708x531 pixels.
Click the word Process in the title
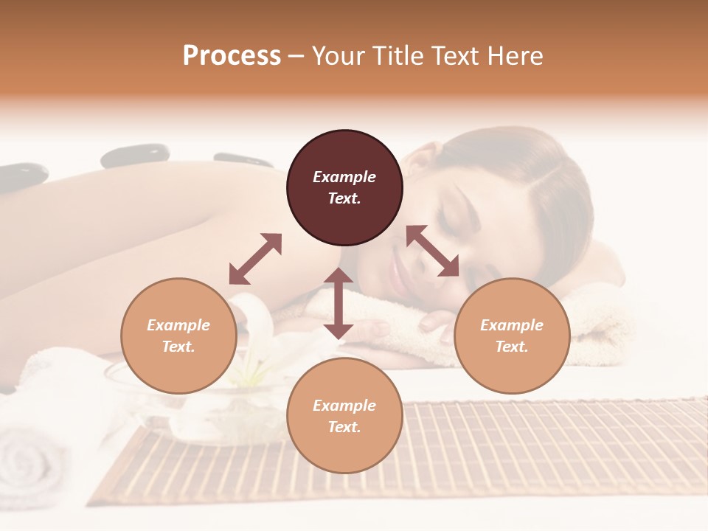(x=232, y=56)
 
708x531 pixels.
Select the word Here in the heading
(x=514, y=56)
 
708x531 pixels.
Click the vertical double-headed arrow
(x=339, y=303)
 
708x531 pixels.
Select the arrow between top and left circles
(x=255, y=259)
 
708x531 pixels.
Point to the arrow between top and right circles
(x=432, y=251)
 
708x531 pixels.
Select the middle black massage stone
(x=135, y=156)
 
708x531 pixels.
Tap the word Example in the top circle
(x=344, y=177)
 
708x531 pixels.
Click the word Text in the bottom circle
(x=344, y=427)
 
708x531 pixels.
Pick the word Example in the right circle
(x=512, y=325)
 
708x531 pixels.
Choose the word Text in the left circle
(x=178, y=347)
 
